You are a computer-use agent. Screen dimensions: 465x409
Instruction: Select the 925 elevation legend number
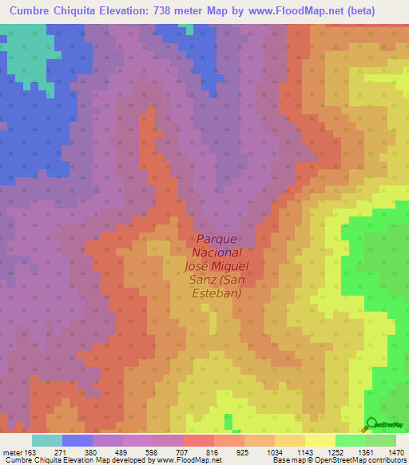(243, 451)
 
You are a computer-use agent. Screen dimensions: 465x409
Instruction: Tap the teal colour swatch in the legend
(47, 440)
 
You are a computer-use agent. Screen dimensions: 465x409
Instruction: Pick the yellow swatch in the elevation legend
(320, 440)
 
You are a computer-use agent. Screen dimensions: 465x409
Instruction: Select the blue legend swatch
(77, 440)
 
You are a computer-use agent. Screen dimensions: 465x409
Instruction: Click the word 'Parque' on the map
(216, 239)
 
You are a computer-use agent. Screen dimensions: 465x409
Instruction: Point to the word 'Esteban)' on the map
(216, 292)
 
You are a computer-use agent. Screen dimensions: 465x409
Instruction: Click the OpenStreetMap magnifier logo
(371, 423)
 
